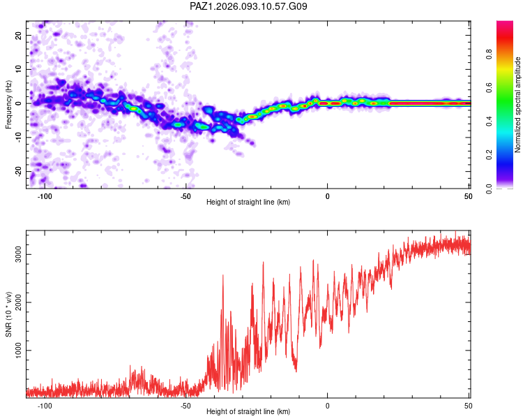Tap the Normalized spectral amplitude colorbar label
click(x=517, y=105)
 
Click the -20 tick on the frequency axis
click(x=18, y=171)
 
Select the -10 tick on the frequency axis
click(x=18, y=137)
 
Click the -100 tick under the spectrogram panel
click(x=45, y=196)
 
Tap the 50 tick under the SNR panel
click(x=468, y=406)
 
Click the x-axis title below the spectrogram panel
click(x=248, y=203)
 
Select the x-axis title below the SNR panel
click(x=248, y=412)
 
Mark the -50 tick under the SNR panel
click(x=185, y=406)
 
